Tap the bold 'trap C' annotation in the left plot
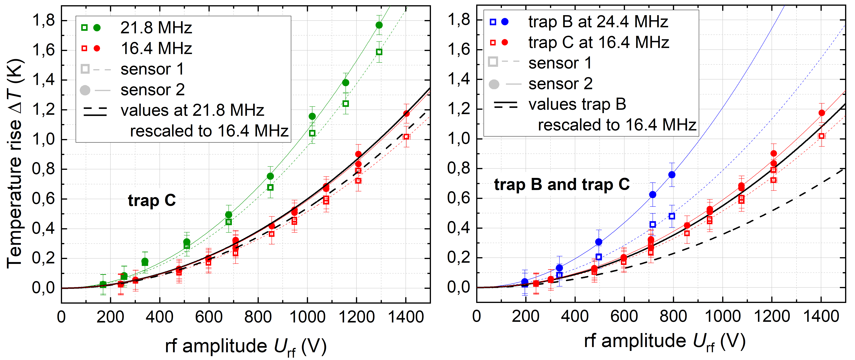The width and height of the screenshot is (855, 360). pos(152,200)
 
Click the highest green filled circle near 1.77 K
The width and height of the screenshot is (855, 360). pos(379,25)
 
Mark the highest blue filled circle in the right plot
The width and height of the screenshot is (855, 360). pos(672,175)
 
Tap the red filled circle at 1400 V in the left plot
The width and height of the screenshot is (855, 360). pos(406,114)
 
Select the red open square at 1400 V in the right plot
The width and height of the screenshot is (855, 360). pos(822,136)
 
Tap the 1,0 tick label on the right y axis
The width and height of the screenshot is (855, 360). pos(459,139)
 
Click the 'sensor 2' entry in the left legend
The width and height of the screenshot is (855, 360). pos(152,90)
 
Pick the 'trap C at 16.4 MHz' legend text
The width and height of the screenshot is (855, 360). pos(598,43)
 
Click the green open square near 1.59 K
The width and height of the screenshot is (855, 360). pos(379,52)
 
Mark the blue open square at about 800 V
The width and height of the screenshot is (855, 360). pos(672,216)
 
